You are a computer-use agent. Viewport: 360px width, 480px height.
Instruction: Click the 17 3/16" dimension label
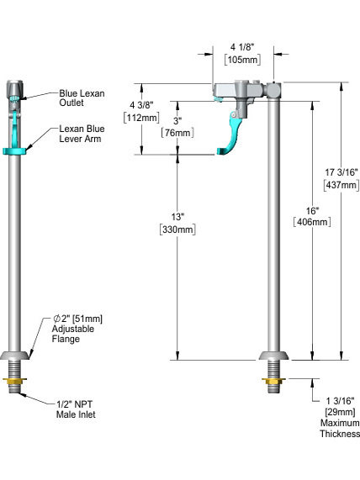pos(341,172)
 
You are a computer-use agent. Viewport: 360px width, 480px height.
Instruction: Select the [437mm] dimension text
pos(341,185)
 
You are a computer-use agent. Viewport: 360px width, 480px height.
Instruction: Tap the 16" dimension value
pos(312,211)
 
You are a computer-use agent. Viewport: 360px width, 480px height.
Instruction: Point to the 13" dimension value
pos(177,217)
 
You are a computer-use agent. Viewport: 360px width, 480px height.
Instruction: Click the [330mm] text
pos(177,229)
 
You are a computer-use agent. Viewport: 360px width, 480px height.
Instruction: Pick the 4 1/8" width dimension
pos(242,47)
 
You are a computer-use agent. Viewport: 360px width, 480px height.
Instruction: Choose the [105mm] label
pos(242,59)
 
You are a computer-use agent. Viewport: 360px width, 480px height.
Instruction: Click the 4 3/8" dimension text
pos(141,105)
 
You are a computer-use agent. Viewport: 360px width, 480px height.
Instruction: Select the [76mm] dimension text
pos(177,133)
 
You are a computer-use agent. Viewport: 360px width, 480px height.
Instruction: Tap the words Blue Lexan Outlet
pos(82,98)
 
